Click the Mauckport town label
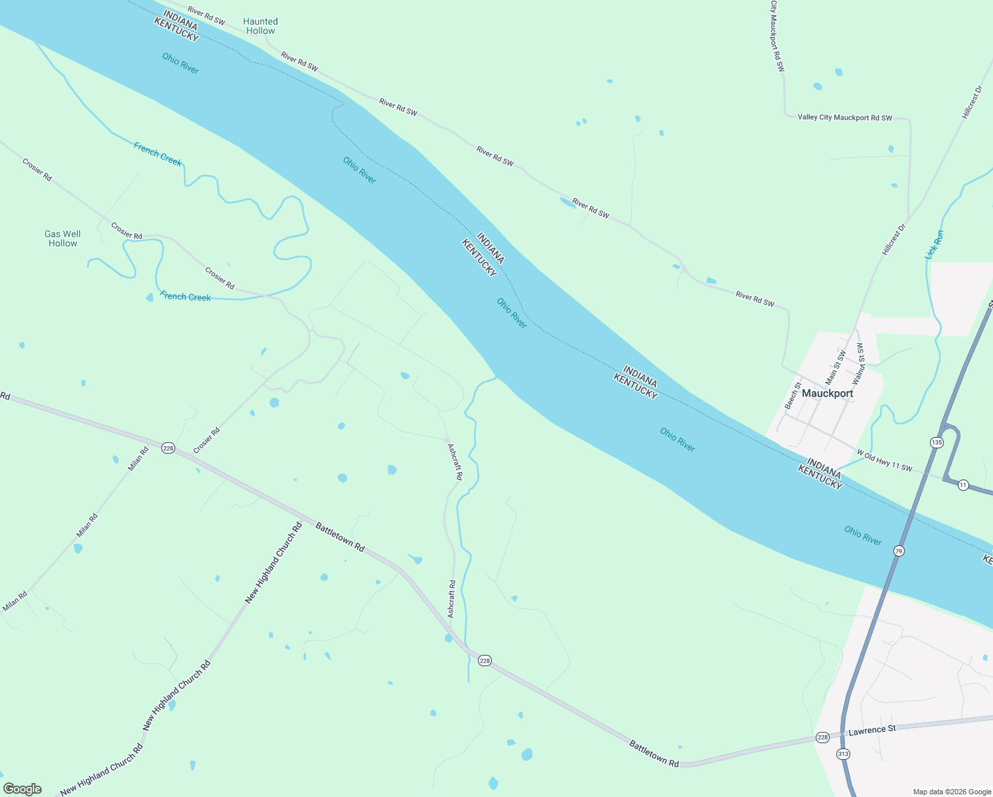pos(827,393)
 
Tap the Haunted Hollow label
pos(260,27)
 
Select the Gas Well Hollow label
pos(62,238)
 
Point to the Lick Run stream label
pos(935,244)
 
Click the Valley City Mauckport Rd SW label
pos(845,118)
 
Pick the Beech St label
pos(793,395)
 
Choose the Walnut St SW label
pos(858,364)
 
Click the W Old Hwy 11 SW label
pos(885,461)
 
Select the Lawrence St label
pos(872,730)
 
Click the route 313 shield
pos(843,754)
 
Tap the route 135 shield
pos(937,442)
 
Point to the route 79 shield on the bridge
pos(899,551)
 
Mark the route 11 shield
pos(963,486)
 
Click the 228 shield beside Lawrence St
pos(822,738)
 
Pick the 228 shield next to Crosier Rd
pos(168,448)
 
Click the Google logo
pos(23,789)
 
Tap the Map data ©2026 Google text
pos(951,792)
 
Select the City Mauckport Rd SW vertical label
pos(777,36)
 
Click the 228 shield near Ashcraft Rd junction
pos(485,661)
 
